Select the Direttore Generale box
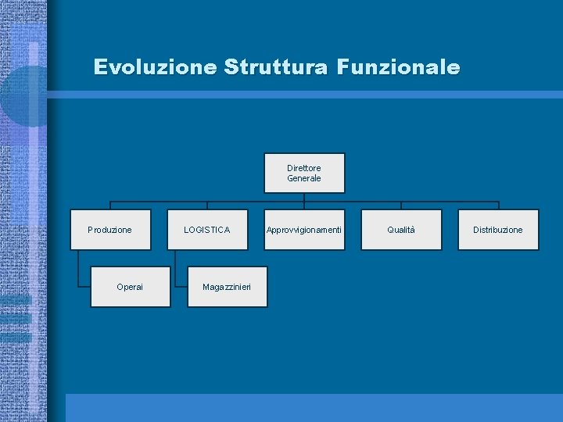pos(304,173)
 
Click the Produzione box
pos(110,230)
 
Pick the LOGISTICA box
pos(207,230)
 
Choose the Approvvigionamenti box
pos(304,230)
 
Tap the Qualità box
pos(401,230)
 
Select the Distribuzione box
pos(498,230)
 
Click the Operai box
pos(130,287)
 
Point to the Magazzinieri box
pos(227,287)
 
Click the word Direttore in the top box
pos(304,168)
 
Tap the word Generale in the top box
pos(304,178)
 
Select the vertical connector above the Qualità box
pos(401,206)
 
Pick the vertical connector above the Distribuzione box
pos(498,206)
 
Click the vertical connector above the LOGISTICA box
pos(207,206)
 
